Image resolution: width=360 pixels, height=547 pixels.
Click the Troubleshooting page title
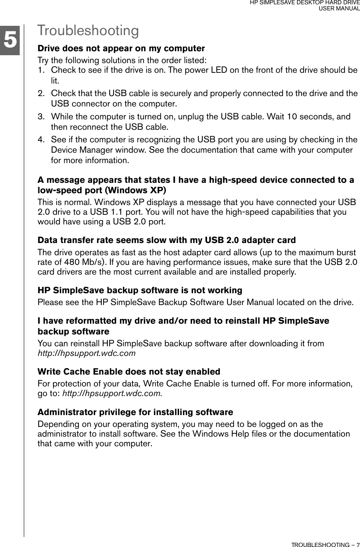pos(88,31)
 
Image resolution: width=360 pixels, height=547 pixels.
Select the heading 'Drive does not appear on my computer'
pos(121,48)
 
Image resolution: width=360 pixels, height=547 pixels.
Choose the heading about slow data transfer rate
pos(167,240)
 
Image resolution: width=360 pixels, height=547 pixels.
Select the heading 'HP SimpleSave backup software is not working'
pos(140,290)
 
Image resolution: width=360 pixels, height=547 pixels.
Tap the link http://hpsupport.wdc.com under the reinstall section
pos(87,353)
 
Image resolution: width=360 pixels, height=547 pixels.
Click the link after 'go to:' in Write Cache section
pos(112,393)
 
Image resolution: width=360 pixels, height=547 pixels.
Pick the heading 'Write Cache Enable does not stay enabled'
pos(129,371)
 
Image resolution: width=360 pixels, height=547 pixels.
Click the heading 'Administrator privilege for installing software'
pos(135,412)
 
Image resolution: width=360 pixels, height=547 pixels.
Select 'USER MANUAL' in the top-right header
pos(339,8)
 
